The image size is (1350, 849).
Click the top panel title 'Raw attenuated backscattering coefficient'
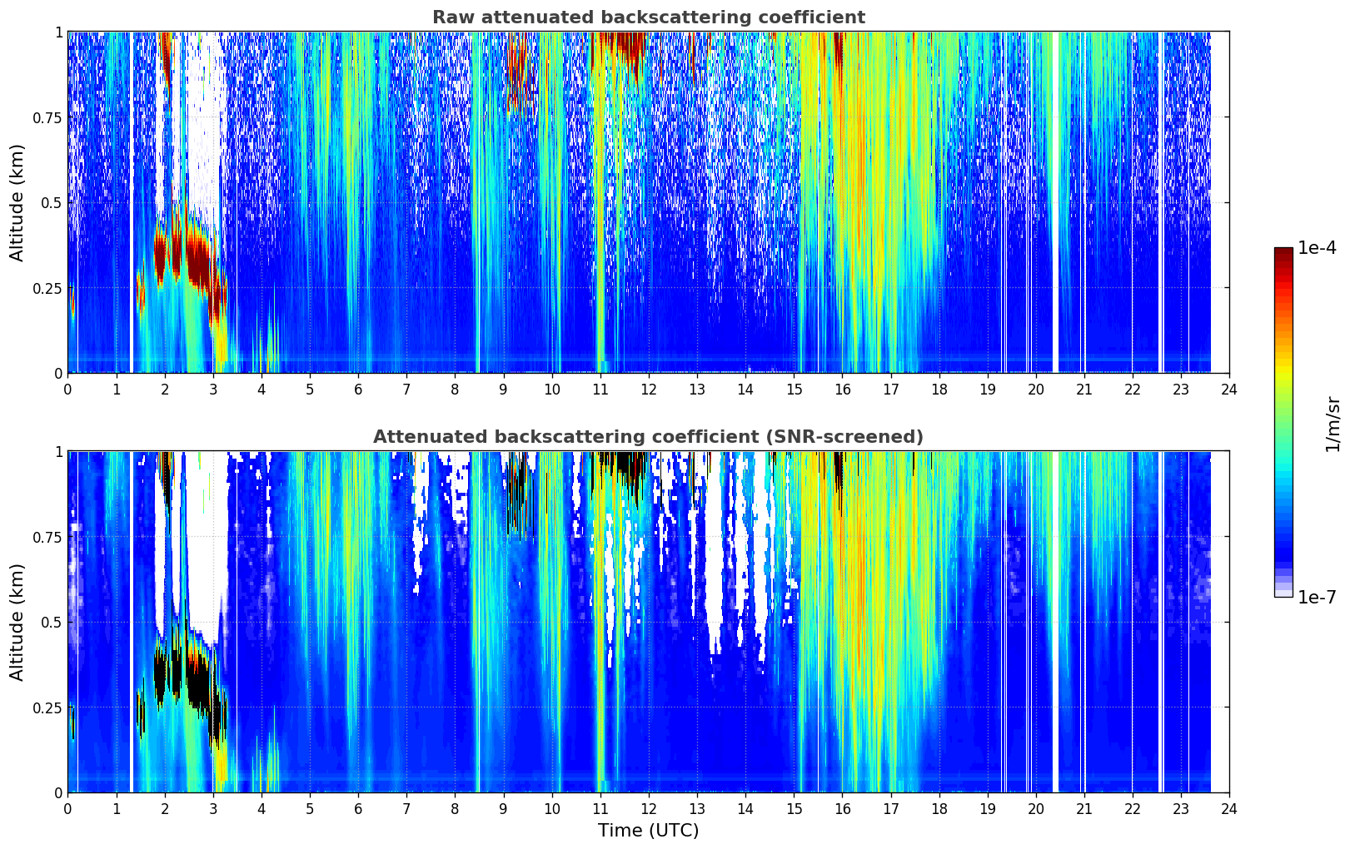click(x=648, y=17)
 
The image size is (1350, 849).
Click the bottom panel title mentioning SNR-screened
click(x=648, y=437)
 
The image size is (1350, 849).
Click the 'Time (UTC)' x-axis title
click(x=648, y=831)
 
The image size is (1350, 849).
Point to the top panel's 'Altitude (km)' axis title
click(x=17, y=202)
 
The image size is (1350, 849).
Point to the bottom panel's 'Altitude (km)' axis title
click(x=17, y=622)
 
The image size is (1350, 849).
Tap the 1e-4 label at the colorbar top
click(x=1317, y=248)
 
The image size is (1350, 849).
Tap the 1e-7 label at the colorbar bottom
click(x=1317, y=597)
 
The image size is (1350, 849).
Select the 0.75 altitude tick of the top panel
click(x=47, y=117)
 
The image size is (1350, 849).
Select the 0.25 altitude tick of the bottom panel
click(x=47, y=707)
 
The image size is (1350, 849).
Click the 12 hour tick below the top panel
click(x=648, y=389)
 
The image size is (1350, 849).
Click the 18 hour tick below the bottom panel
click(x=939, y=808)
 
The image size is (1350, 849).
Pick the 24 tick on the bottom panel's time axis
click(x=1229, y=808)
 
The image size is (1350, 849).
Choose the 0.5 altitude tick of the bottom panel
click(x=52, y=622)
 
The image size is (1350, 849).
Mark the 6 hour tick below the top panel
click(x=358, y=389)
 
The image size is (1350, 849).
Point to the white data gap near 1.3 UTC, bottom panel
click(x=131, y=622)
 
